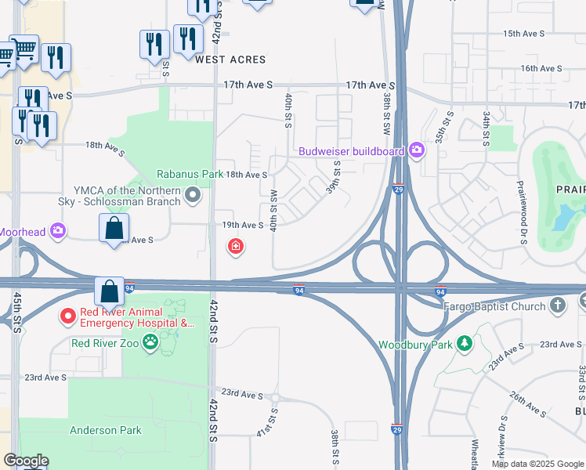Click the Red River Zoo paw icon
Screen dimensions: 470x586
pyautogui.click(x=168, y=342)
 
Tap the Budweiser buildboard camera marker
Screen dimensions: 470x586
pyautogui.click(x=416, y=150)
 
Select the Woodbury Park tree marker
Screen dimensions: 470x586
pyautogui.click(x=465, y=343)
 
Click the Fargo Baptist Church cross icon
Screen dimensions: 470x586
pyautogui.click(x=558, y=305)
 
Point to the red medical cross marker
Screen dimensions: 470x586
pyautogui.click(x=234, y=248)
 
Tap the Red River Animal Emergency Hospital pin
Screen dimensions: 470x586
pyautogui.click(x=69, y=316)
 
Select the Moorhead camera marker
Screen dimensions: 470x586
pyautogui.click(x=57, y=231)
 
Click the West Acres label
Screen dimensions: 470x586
pyautogui.click(x=230, y=60)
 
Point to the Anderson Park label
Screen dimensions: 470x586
pyautogui.click(x=106, y=430)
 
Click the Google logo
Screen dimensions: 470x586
pyautogui.click(x=25, y=460)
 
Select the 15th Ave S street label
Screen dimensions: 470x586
pyautogui.click(x=523, y=34)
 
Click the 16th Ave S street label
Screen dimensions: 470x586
pyautogui.click(x=541, y=69)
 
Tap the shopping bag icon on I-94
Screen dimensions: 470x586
pyautogui.click(x=109, y=291)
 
